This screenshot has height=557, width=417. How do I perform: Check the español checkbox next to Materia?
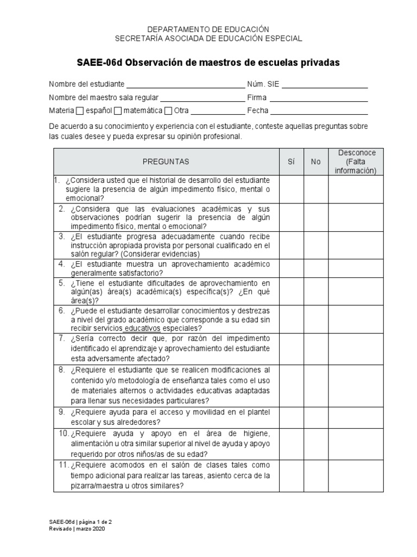tap(80, 111)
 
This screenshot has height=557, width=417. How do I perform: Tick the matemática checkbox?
tap(117, 111)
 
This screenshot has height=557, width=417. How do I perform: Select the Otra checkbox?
tap(168, 111)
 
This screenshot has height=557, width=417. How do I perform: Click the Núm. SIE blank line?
tap(325, 86)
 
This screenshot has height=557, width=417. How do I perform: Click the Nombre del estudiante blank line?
tap(185, 86)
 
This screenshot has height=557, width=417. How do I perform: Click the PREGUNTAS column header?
tap(166, 162)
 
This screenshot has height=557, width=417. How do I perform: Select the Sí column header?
tap(291, 162)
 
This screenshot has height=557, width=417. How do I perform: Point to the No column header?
tap(316, 162)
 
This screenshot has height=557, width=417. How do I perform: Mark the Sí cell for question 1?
tap(291, 189)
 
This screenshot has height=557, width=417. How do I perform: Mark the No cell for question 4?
tap(316, 268)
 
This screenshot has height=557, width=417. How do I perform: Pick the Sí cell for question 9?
tap(291, 416)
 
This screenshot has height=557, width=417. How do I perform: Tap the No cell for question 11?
tap(316, 476)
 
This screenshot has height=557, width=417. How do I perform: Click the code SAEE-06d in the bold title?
tap(99, 63)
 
